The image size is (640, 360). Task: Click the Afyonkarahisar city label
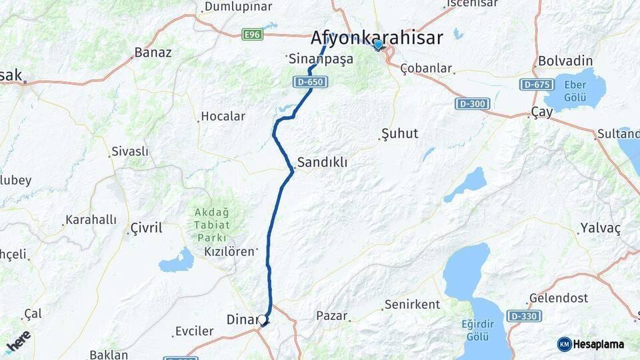pyautogui.click(x=376, y=37)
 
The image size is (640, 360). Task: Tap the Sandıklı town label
pyautogui.click(x=322, y=162)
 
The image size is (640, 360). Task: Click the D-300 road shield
pyautogui.click(x=473, y=104)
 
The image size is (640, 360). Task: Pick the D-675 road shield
pyautogui.click(x=536, y=85)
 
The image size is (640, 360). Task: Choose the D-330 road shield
pyautogui.click(x=523, y=315)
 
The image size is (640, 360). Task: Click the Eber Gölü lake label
pyautogui.click(x=575, y=91)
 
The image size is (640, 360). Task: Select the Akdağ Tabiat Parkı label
pyautogui.click(x=211, y=225)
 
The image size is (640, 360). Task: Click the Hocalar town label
pyautogui.click(x=223, y=116)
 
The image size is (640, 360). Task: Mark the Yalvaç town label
pyautogui.click(x=600, y=228)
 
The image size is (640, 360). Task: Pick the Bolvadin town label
pyautogui.click(x=565, y=61)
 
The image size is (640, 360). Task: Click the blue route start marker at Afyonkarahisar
pyautogui.click(x=378, y=45)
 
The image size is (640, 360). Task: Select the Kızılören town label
pyautogui.click(x=229, y=251)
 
